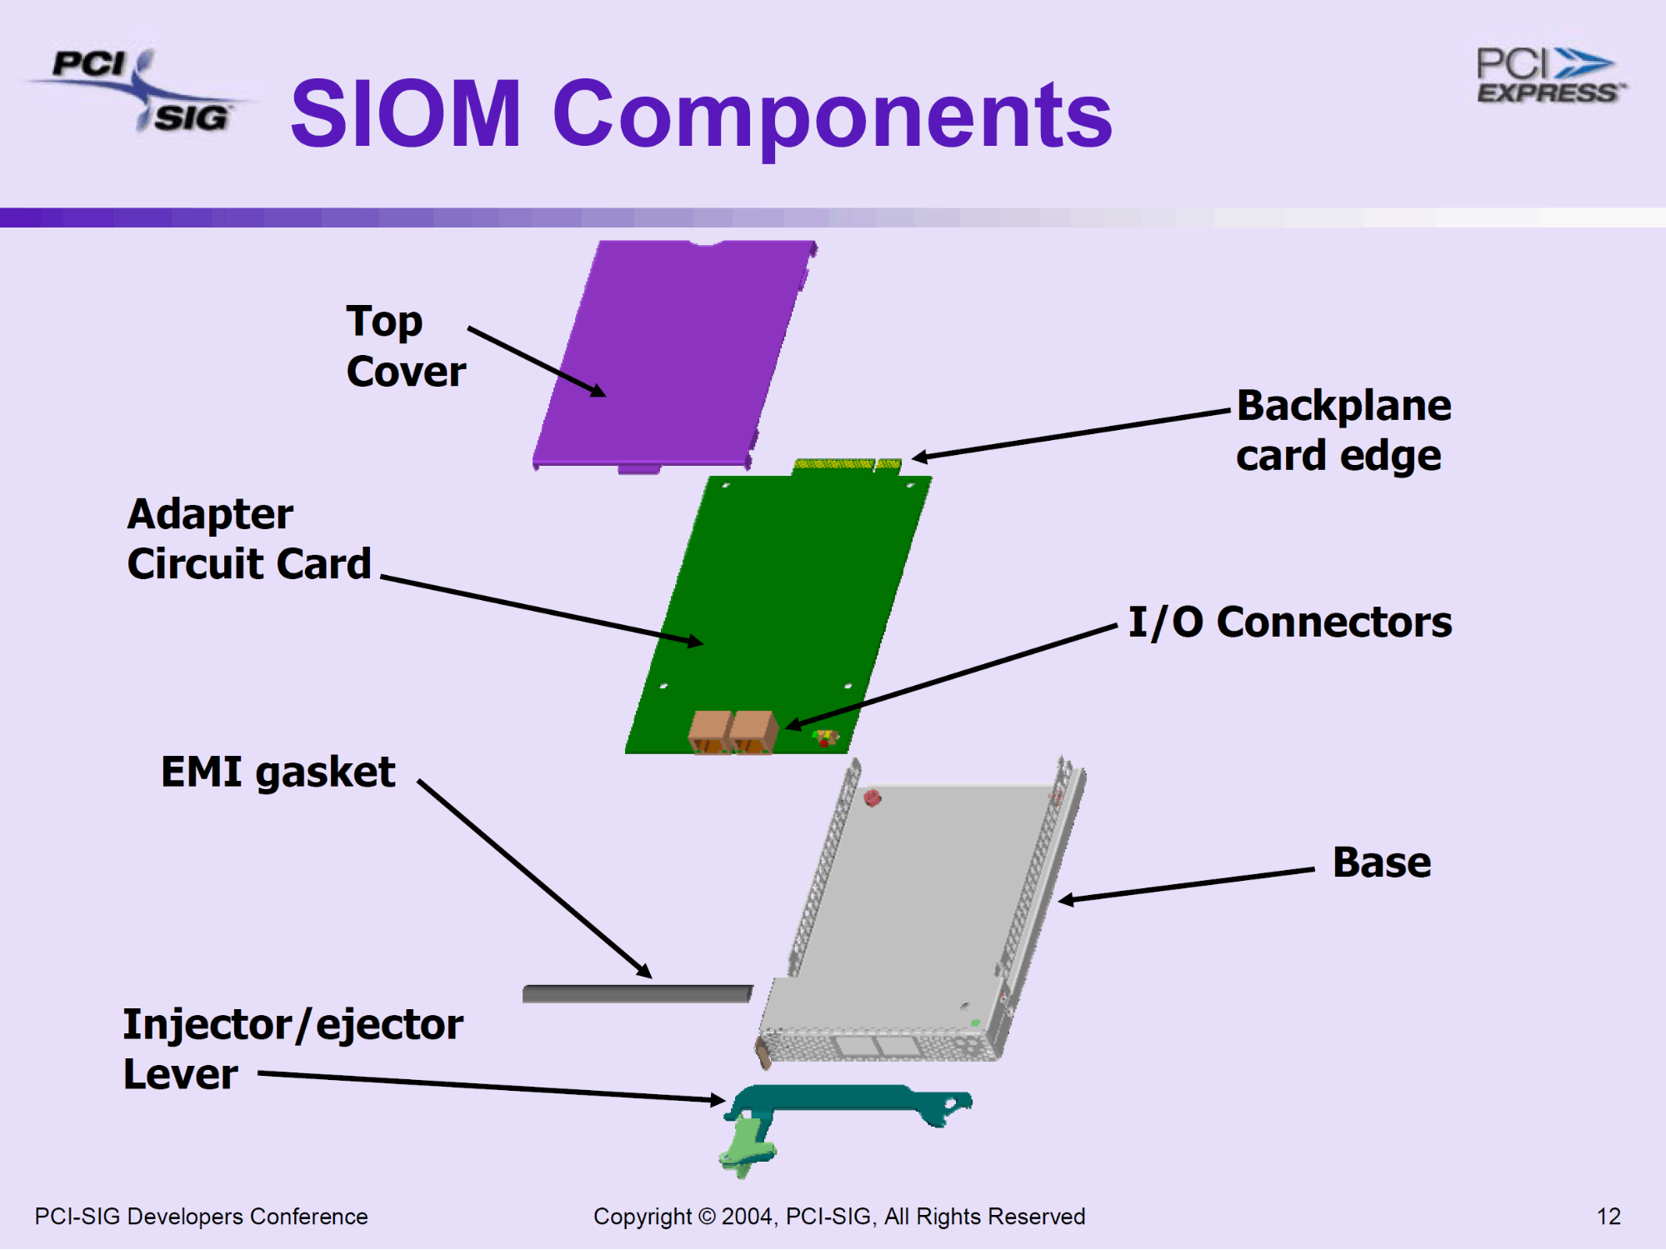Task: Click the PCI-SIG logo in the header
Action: coord(138,90)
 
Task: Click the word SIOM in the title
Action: coord(406,114)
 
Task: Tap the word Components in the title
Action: coord(832,116)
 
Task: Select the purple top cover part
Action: coord(675,350)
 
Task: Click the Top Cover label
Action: coord(405,346)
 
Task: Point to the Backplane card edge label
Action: coord(1343,430)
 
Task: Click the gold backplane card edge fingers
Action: coord(845,465)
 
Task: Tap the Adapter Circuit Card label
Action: coord(248,538)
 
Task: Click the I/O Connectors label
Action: coord(1289,622)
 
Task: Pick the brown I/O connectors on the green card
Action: coord(732,731)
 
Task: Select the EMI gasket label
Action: coord(278,772)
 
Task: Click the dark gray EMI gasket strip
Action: coord(637,993)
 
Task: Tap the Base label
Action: coord(1381,862)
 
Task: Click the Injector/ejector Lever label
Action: coord(292,1048)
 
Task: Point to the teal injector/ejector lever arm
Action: coord(850,1098)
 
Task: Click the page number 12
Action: coord(1608,1217)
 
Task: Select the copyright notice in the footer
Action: coord(838,1217)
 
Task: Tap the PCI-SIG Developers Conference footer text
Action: coord(201,1217)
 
